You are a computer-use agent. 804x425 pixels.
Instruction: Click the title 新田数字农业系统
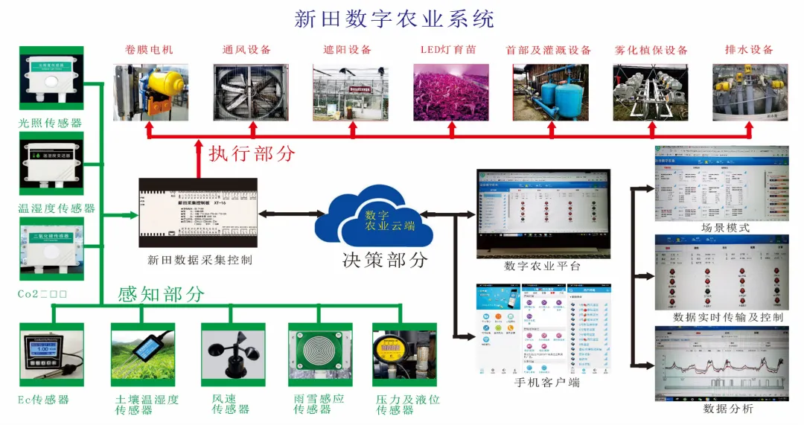394,19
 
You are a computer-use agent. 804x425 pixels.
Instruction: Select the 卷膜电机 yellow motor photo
151,92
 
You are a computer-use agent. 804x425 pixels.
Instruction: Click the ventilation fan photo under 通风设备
251,92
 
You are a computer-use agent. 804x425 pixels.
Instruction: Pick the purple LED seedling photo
451,92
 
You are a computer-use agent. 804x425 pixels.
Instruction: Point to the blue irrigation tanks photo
551,92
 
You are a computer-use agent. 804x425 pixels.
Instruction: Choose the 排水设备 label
749,50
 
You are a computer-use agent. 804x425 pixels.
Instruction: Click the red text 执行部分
252,154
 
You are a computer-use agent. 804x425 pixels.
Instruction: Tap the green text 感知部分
161,294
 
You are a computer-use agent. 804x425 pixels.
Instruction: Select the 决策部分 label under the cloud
385,260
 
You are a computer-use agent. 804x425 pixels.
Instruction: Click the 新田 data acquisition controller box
198,213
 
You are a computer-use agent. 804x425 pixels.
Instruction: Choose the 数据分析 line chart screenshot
721,363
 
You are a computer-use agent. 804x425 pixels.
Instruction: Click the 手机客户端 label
546,383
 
